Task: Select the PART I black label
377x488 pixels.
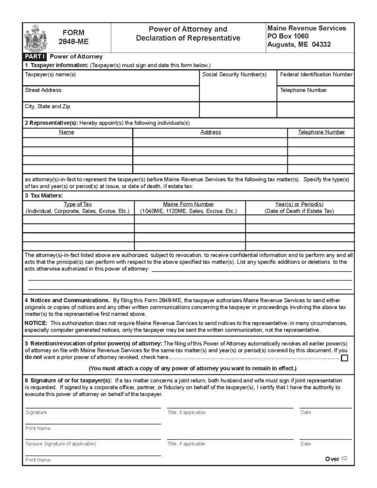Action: (35, 56)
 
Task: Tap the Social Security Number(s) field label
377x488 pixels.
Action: (234, 75)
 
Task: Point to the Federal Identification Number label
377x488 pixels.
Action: (316, 75)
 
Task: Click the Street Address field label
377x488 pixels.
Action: (43, 90)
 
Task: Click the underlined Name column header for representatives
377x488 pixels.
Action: (67, 132)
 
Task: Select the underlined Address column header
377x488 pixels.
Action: (211, 132)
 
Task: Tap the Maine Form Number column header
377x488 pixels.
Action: (188, 204)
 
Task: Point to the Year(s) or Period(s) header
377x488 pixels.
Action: (299, 204)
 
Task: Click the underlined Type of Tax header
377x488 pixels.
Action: (78, 204)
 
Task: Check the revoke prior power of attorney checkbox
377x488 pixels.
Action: (345, 358)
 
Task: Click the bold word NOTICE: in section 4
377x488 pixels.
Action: (36, 323)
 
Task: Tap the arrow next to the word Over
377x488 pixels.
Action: (345, 459)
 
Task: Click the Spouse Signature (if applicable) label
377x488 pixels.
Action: (61, 444)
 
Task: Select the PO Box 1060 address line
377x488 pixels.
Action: (288, 36)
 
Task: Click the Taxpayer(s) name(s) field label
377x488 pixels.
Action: (51, 75)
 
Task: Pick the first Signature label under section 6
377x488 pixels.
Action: (36, 412)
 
